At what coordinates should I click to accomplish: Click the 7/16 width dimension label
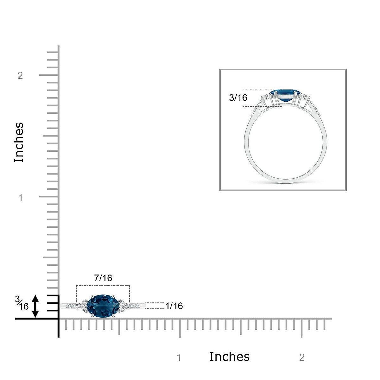click(x=103, y=278)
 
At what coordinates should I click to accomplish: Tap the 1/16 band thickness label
click(x=174, y=306)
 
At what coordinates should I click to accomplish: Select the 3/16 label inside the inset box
click(x=238, y=98)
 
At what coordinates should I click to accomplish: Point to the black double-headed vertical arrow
click(x=35, y=306)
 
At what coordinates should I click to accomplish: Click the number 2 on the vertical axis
click(x=20, y=76)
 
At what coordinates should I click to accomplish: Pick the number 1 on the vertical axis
click(x=20, y=198)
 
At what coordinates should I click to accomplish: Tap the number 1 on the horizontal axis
click(x=179, y=357)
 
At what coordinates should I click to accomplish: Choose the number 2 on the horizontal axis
click(x=302, y=357)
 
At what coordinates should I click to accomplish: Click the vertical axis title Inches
click(x=19, y=142)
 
